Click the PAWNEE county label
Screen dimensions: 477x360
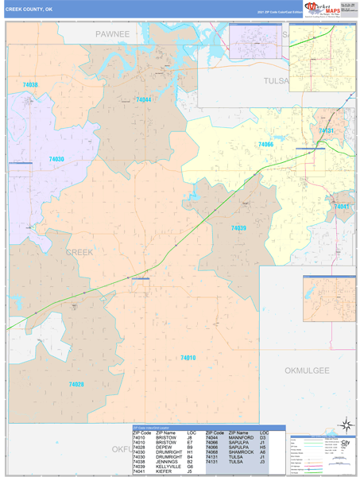click(113, 34)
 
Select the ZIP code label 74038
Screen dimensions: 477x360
click(30, 84)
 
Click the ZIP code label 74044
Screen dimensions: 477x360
click(143, 99)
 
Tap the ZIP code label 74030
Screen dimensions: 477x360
click(56, 160)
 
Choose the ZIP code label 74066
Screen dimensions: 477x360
click(265, 145)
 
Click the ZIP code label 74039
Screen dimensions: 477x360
click(238, 228)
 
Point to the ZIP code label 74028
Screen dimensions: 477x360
click(76, 384)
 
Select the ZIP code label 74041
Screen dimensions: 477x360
click(342, 207)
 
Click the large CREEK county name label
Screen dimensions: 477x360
click(79, 252)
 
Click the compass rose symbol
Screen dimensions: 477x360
click(345, 425)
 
